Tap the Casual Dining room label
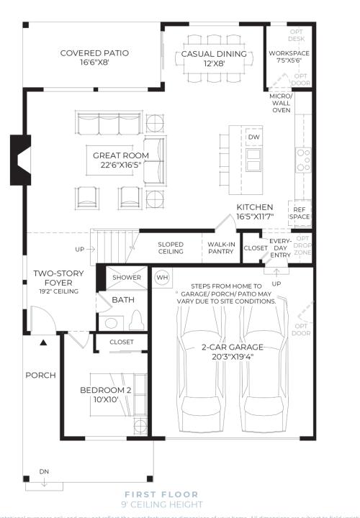tap(213, 54)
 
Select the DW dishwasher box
tap(253, 137)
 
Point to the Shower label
tap(127, 277)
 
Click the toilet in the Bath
tap(110, 322)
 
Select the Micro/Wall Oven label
tap(281, 103)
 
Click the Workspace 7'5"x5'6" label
tap(289, 58)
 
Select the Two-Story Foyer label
tap(59, 278)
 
